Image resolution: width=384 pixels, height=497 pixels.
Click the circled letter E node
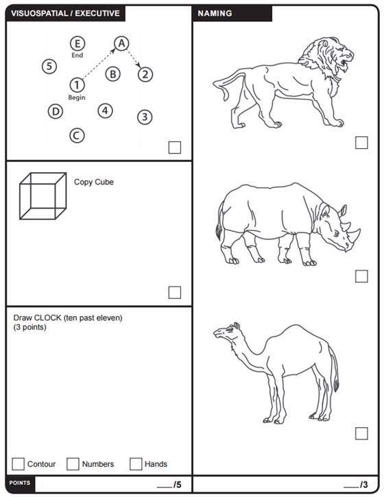[77, 43]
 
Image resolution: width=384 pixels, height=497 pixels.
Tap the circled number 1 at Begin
[77, 85]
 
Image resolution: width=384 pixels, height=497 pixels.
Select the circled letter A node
[121, 43]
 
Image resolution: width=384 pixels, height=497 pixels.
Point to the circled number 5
[49, 66]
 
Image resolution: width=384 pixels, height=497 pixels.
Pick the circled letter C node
[77, 136]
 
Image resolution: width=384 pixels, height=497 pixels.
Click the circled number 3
[145, 117]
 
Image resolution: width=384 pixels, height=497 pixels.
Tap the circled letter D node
[56, 112]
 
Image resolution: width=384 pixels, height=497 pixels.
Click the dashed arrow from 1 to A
[99, 64]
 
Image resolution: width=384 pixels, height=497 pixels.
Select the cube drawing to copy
[43, 196]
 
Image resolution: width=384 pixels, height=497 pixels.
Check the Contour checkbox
[18, 463]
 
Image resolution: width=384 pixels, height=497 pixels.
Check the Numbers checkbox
[73, 463]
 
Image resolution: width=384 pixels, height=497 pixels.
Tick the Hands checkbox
[136, 463]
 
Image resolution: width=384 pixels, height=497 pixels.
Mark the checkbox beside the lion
[361, 143]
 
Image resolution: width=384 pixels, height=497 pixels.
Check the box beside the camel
[361, 433]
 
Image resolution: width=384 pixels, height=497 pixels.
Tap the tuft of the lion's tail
[225, 93]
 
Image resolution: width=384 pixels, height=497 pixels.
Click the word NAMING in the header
[215, 13]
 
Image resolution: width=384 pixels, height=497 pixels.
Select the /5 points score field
[169, 485]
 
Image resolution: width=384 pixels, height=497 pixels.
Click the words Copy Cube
[94, 182]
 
